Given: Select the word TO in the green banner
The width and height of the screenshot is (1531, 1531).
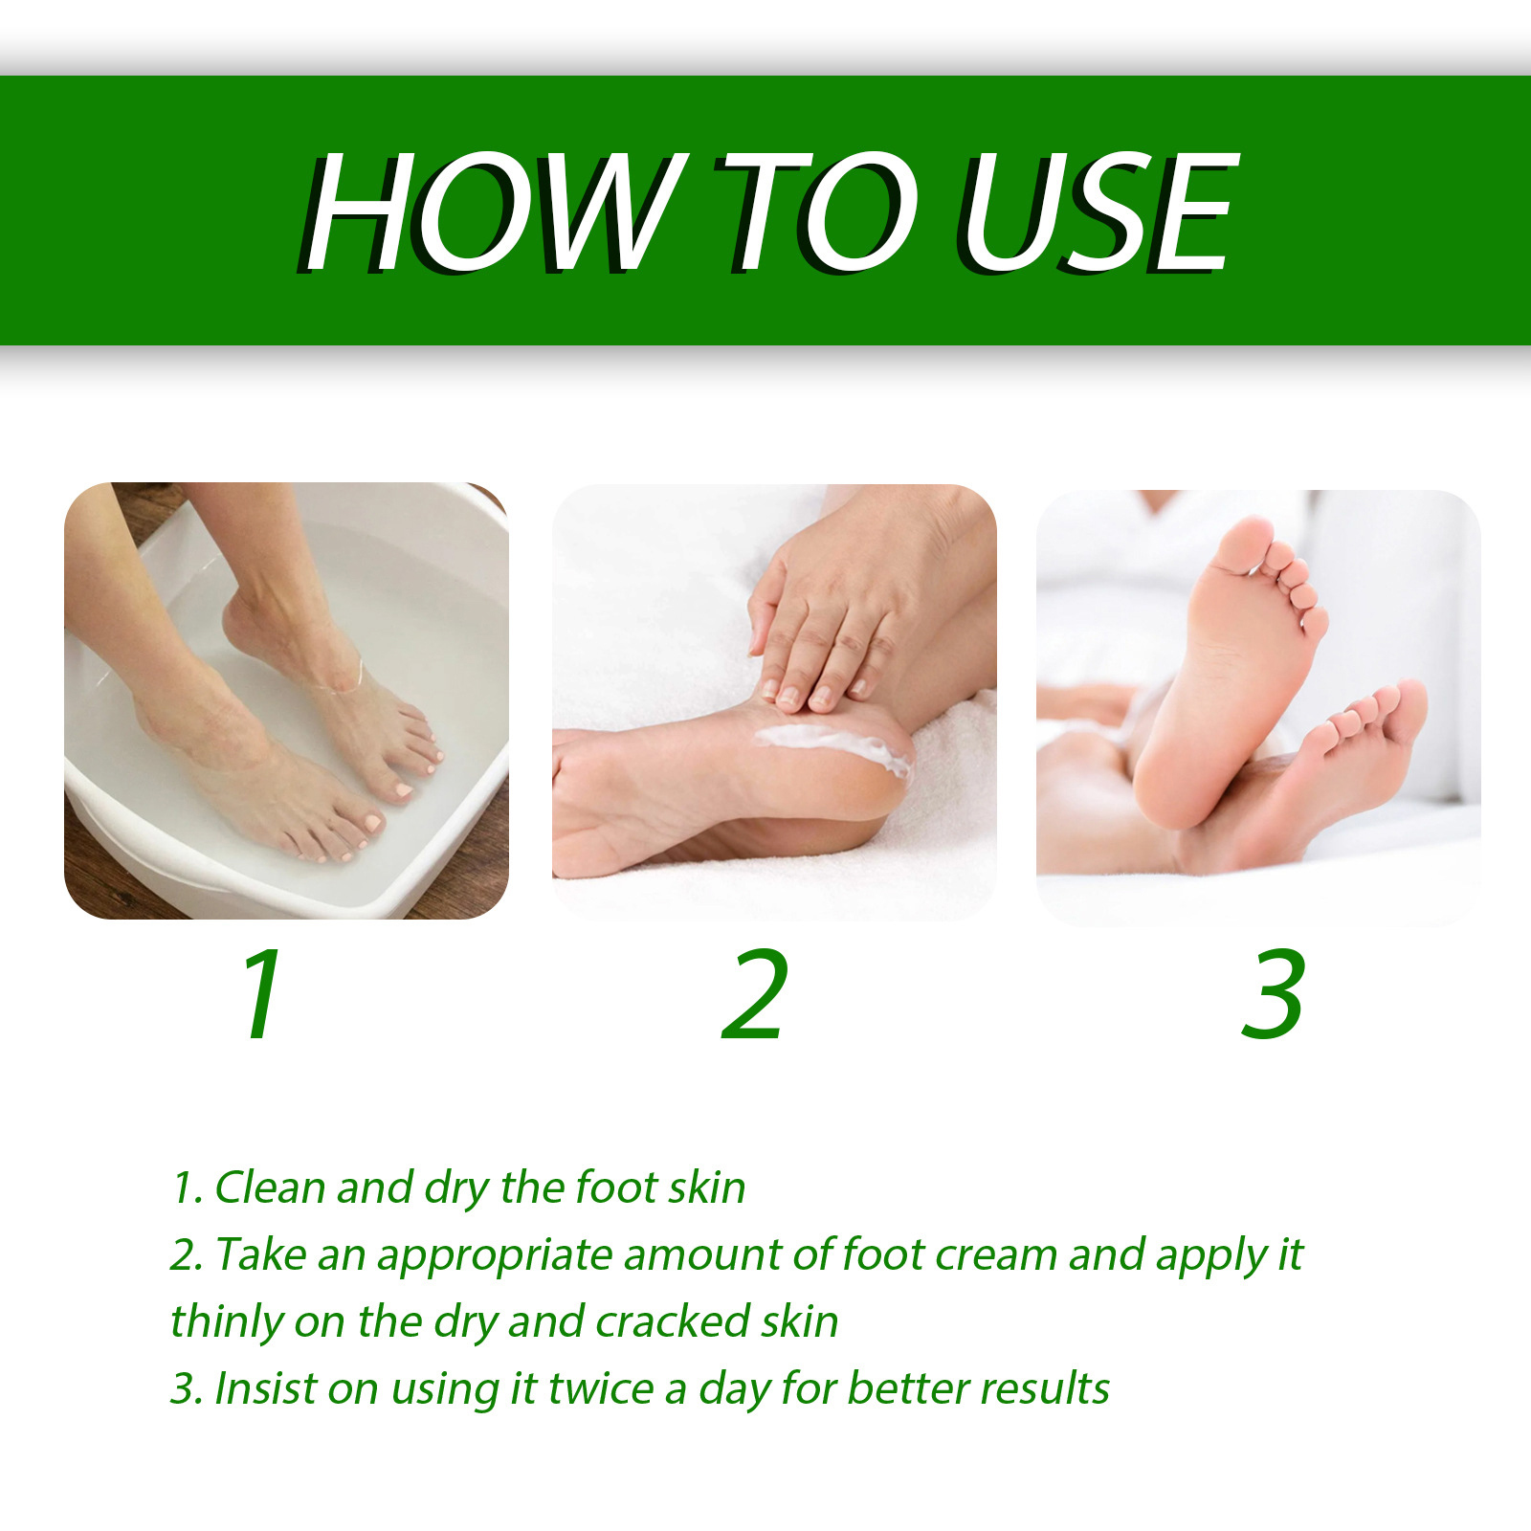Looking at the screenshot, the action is point(813,211).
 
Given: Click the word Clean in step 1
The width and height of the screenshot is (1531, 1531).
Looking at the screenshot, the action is point(270,1187).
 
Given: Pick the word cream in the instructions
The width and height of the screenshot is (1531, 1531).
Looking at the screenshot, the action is point(995,1255).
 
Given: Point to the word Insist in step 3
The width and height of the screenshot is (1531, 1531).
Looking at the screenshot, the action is point(265,1388).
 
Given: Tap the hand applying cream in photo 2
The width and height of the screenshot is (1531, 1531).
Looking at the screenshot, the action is point(842,612).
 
